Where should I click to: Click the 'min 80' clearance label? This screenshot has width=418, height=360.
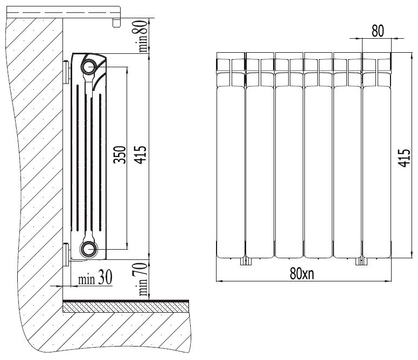tap(143, 36)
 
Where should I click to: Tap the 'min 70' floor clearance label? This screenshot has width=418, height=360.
tap(143, 279)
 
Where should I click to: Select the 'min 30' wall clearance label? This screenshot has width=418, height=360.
tap(95, 277)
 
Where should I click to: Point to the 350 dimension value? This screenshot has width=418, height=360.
tap(120, 154)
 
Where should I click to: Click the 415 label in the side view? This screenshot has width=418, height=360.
tap(140, 154)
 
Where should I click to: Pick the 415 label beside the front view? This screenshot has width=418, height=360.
tap(404, 158)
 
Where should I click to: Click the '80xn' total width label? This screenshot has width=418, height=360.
tap(302, 273)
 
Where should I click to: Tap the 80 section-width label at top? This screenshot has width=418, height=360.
tap(378, 31)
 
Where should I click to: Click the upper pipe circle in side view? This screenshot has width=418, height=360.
tap(89, 67)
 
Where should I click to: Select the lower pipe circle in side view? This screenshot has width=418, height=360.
tap(89, 249)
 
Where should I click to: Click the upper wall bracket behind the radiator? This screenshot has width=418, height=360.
tap(66, 72)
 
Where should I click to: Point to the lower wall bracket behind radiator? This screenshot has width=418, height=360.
tap(66, 255)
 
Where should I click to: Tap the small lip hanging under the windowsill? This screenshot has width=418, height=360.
tap(116, 23)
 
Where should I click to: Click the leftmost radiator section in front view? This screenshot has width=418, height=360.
tap(231, 155)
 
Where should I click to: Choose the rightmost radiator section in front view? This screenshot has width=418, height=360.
tap(377, 155)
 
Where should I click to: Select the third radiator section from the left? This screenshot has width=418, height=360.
tap(289, 155)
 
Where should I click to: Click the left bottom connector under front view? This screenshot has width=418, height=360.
tap(246, 261)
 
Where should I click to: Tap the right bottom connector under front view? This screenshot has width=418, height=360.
tap(361, 261)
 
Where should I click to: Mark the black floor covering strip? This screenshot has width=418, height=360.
tap(126, 301)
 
